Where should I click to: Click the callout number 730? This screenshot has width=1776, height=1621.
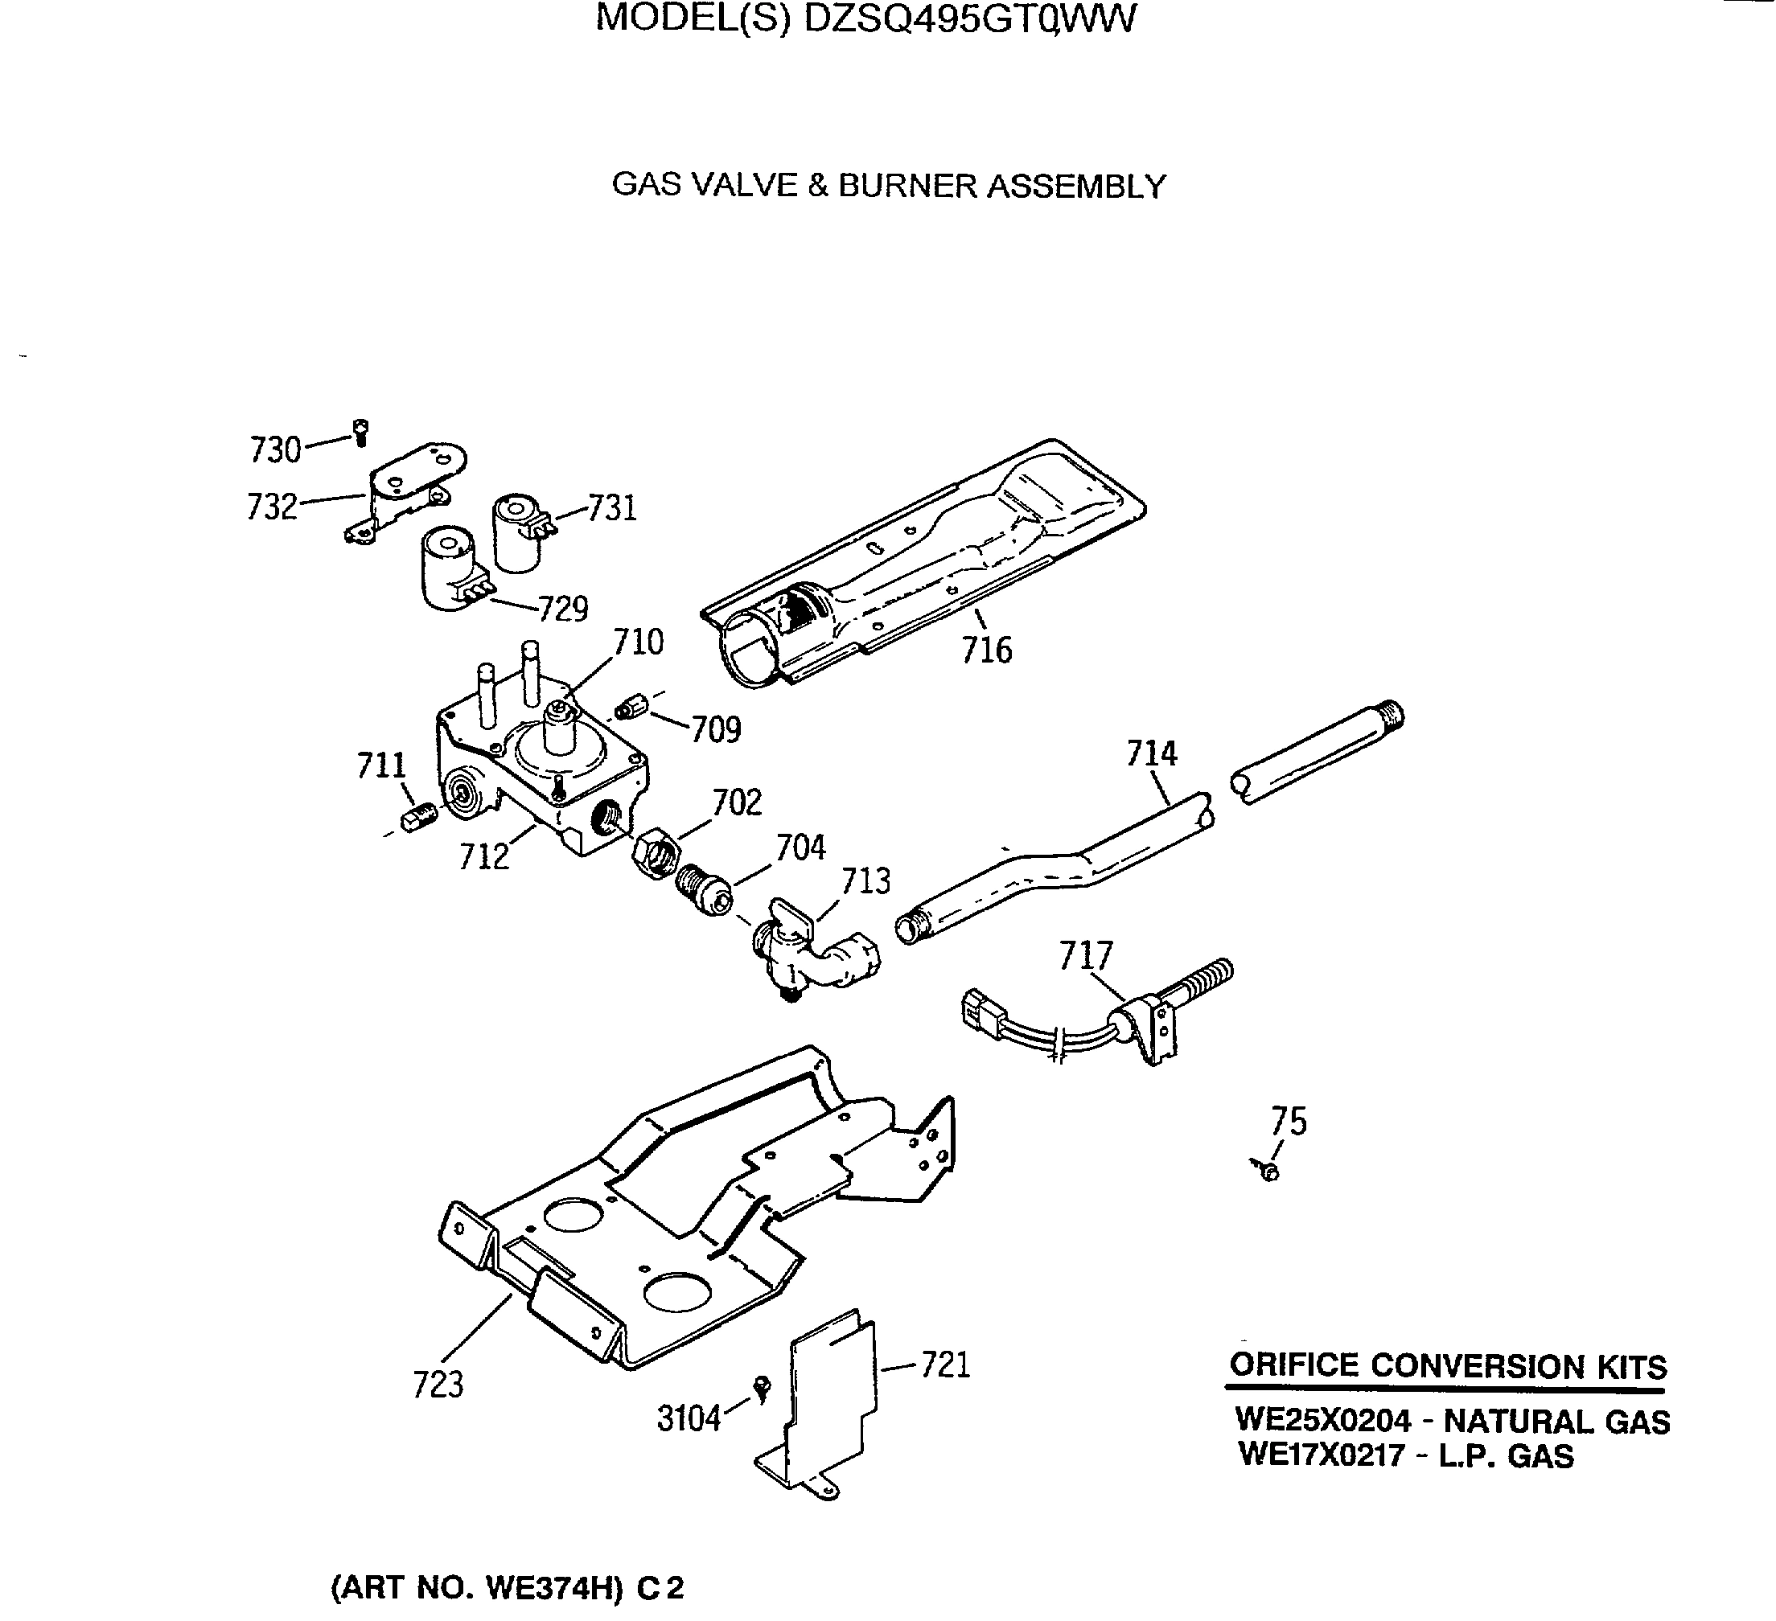click(x=275, y=450)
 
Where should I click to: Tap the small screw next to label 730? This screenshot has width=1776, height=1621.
click(x=360, y=433)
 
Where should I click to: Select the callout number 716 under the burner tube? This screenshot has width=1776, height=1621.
click(x=986, y=650)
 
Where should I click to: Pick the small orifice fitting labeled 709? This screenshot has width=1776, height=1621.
click(x=632, y=706)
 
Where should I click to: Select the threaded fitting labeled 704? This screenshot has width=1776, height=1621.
click(x=704, y=890)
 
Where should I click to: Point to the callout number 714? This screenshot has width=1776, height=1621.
click(x=1151, y=753)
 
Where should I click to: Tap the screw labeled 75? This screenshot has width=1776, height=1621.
click(x=1268, y=1171)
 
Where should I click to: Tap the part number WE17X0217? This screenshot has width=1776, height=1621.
click(x=1321, y=1455)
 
